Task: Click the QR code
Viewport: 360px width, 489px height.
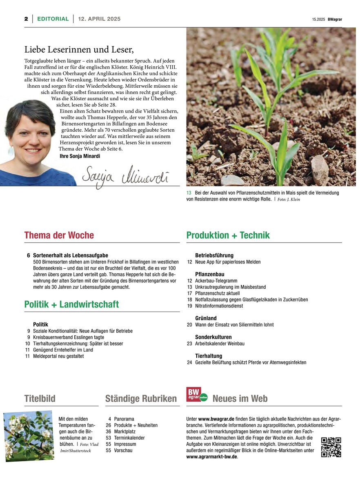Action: point(331,447)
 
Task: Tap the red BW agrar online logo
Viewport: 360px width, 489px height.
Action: point(197,394)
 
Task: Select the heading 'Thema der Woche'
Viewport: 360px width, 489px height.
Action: point(59,235)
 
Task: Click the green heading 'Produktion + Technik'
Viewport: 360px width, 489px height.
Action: point(228,235)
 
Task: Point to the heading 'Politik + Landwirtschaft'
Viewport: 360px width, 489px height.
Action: point(71,304)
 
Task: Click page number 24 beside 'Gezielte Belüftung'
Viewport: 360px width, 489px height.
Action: point(189,362)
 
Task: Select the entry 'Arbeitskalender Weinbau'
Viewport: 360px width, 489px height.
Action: point(220,343)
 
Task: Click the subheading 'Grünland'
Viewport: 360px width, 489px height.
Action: point(206,318)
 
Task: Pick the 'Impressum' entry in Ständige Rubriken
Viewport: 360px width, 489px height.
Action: point(125,444)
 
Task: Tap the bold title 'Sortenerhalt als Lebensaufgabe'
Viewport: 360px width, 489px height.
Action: point(71,255)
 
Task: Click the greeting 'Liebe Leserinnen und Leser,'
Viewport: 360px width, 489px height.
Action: point(79,50)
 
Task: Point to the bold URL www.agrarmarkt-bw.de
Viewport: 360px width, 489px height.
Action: point(211,457)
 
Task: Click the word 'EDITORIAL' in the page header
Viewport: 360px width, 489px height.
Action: point(53,19)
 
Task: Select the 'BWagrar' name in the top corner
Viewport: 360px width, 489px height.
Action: point(334,19)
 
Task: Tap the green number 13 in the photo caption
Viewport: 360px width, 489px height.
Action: point(189,193)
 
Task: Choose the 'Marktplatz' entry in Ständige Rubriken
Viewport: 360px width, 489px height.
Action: point(126,431)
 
